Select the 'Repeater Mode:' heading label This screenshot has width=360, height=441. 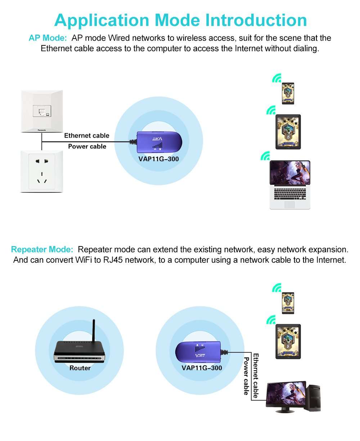42,250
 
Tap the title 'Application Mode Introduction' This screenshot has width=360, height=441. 180,20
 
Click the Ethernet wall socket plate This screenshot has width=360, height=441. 42,111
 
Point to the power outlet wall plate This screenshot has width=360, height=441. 42,171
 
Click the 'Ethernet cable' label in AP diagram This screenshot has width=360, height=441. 86,136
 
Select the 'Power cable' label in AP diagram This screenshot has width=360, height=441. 87,147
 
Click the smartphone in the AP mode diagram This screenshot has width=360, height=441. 288,94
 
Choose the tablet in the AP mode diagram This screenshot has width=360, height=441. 288,132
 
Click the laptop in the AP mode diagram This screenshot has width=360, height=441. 290,184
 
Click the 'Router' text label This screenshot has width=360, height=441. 80,368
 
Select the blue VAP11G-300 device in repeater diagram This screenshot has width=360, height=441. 198,352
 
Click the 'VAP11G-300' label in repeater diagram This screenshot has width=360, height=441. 202,368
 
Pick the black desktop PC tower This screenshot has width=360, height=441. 313,398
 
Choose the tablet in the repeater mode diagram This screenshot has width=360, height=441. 288,341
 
